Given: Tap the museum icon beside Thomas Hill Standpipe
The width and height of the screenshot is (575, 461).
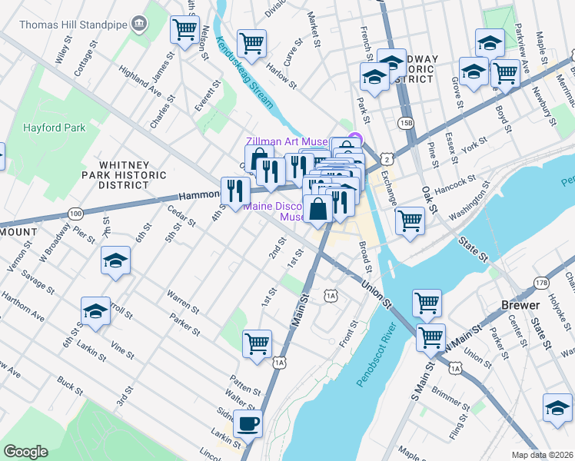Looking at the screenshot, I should pos(139,24).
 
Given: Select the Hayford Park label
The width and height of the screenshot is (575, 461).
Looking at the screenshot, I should pos(54,128).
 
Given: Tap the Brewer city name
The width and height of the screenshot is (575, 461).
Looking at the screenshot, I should pos(520,305).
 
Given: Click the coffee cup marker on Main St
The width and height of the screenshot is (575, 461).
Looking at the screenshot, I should pos(248,423).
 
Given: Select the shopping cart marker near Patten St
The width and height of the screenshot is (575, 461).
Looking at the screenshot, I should pos(257,342).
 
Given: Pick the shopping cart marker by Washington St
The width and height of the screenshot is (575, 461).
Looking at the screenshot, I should pos(410,220).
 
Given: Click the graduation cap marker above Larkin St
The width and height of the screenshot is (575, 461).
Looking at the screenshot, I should pos(96,311).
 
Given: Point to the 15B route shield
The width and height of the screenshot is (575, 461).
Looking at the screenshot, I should pos(406,123).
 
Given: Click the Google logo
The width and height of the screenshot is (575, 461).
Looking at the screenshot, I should pos(25,451).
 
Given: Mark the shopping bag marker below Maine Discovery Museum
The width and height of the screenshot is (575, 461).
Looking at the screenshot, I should pos(317,207).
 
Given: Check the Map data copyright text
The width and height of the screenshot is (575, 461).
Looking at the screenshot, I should pos(541,454).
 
